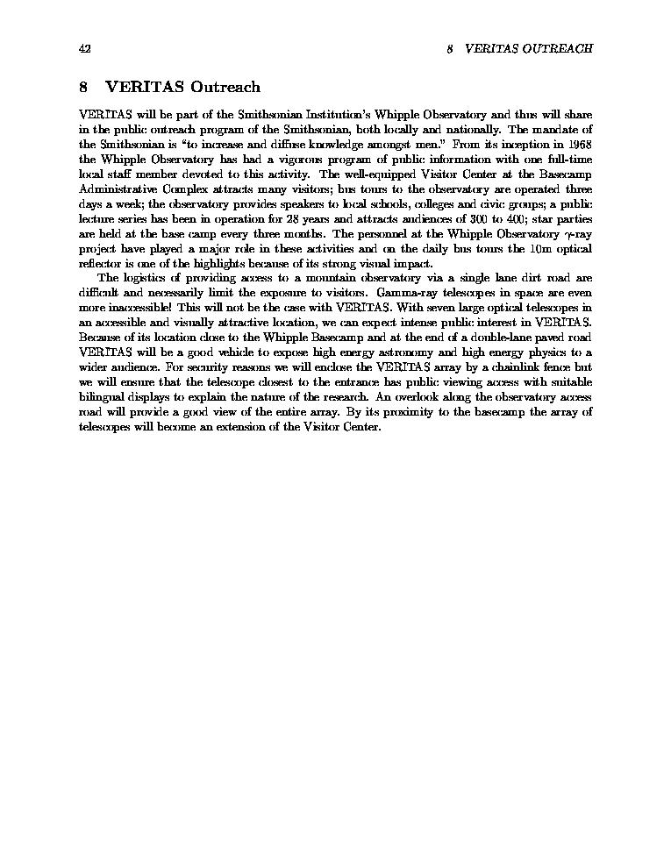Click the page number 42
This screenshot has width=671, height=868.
pyautogui.click(x=84, y=49)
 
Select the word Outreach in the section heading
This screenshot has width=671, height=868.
pyautogui.click(x=226, y=87)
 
